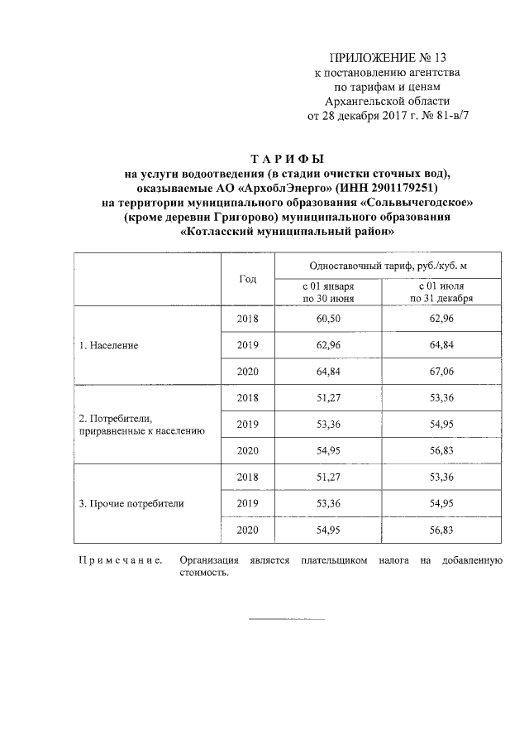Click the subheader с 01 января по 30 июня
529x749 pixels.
(328, 291)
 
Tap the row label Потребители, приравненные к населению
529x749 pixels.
(136, 425)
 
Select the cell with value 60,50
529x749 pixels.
(328, 319)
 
